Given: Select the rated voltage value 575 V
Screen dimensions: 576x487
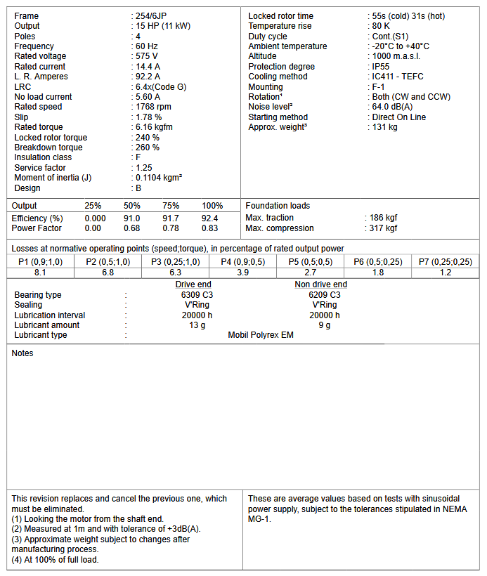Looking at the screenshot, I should (x=147, y=56).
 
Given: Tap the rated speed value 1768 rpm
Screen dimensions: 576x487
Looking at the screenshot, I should (x=153, y=107).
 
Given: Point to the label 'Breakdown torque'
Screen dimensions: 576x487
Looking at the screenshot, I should (x=48, y=148).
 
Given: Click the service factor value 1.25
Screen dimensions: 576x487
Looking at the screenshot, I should (x=144, y=168).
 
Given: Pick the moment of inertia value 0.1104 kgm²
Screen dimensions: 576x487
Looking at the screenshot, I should (x=159, y=178).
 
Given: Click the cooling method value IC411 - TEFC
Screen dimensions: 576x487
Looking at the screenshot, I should (x=398, y=77).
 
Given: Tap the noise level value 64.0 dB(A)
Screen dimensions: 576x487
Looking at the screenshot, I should (x=393, y=107).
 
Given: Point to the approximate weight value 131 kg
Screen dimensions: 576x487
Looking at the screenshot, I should (x=384, y=127).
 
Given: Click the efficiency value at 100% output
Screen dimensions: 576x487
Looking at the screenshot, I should (x=210, y=218).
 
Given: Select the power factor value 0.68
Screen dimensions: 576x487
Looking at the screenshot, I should (x=131, y=228).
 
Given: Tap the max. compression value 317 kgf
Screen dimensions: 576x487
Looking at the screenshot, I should (x=384, y=228).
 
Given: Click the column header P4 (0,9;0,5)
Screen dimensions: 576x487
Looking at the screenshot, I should (x=242, y=262).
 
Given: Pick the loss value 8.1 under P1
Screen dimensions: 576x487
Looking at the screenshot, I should (x=40, y=273).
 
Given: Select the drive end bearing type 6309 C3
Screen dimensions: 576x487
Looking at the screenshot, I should (x=193, y=295).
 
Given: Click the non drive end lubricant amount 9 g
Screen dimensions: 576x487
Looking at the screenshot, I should (x=325, y=325).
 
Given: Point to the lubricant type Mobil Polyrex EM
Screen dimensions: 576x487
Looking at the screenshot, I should (x=261, y=335).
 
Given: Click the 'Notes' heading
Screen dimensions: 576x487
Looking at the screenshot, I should (x=22, y=353).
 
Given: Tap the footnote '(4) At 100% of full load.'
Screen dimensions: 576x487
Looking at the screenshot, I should (x=56, y=560).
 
